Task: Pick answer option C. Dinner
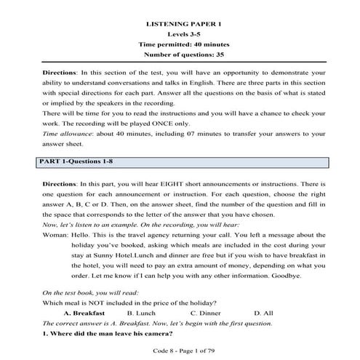point(206,313)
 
